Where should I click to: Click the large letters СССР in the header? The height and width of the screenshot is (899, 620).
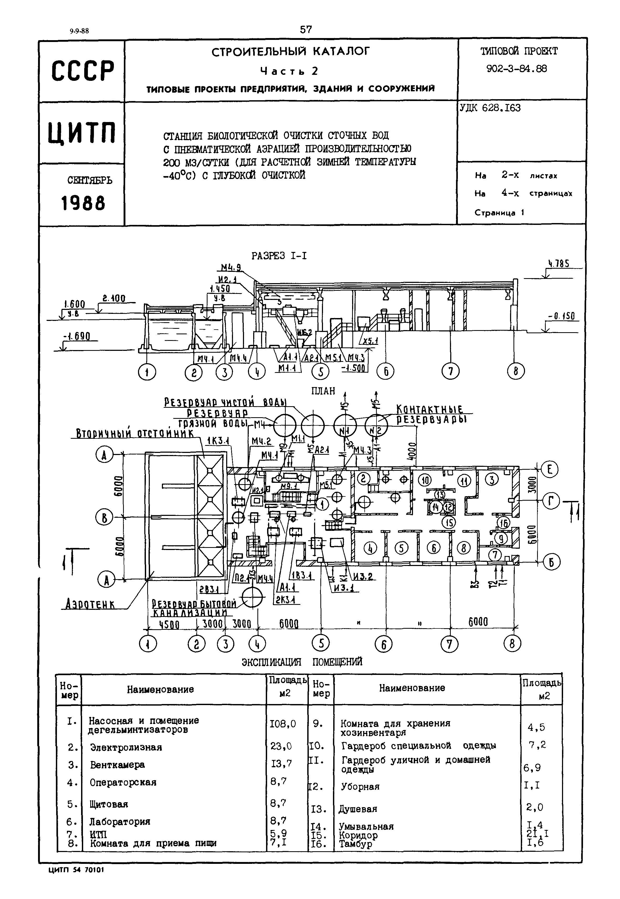(83, 71)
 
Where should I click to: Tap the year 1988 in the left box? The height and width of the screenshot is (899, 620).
(83, 203)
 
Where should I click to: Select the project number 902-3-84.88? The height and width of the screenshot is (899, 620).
(517, 69)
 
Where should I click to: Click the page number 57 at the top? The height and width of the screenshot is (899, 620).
(306, 30)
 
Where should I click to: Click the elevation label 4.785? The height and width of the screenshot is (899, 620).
(559, 264)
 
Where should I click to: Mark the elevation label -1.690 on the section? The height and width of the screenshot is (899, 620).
(77, 336)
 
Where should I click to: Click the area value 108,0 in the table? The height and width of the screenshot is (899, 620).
(283, 724)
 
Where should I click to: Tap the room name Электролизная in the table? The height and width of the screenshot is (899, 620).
(126, 748)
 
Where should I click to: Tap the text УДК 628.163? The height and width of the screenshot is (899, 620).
(490, 108)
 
